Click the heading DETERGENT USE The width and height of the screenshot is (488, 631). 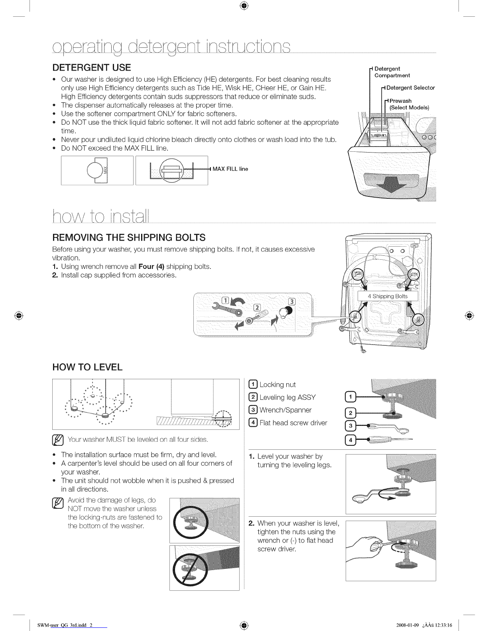tap(92, 68)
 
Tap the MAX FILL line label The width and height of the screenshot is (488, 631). tap(230, 169)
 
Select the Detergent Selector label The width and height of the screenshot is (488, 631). tap(410, 88)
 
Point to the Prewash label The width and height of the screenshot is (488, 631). tap(400, 101)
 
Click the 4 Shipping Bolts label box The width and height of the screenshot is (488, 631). tap(388, 296)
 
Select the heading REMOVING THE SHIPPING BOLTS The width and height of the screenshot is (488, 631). tap(129, 237)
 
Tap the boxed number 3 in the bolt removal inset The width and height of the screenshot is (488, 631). tap(291, 302)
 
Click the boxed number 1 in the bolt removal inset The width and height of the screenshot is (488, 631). tap(226, 300)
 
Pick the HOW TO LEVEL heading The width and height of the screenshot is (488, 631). tap(87, 367)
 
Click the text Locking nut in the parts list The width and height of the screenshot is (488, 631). tap(277, 384)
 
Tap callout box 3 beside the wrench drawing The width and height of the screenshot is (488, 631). tap(350, 426)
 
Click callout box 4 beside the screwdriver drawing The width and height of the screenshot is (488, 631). tap(350, 440)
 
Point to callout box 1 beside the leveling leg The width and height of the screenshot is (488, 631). tap(350, 397)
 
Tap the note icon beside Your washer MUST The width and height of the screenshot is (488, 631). tap(57, 440)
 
